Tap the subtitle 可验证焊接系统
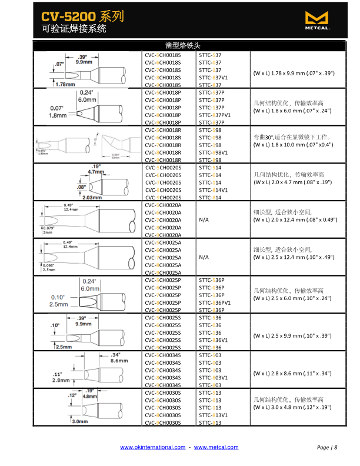[x=74, y=28]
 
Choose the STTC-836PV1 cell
[x=215, y=302]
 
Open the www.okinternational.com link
[x=152, y=448]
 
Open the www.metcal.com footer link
[x=216, y=448]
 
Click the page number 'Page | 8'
[x=327, y=448]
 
